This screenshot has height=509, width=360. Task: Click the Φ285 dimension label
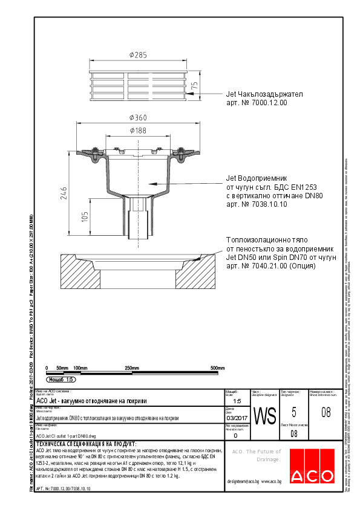tap(139, 56)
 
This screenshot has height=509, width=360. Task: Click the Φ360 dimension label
tap(139, 117)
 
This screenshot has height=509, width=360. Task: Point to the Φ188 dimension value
tap(139, 130)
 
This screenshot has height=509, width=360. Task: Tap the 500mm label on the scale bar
tap(217, 368)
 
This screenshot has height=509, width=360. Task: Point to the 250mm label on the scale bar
tap(131, 368)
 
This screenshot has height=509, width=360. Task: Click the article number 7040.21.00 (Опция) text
tap(270, 265)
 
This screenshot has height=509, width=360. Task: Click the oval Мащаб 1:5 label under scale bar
tap(61, 380)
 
